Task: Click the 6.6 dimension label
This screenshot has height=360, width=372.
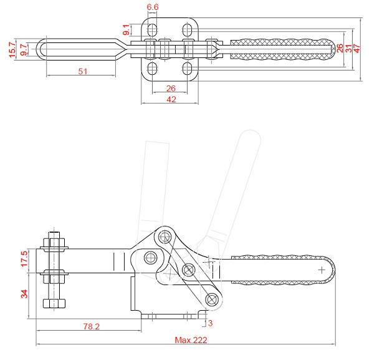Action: point(152,7)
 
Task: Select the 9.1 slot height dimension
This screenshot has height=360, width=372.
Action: point(126,29)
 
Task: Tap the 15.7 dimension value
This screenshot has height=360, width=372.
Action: point(12,50)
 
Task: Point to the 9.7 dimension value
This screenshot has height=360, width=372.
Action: point(24,50)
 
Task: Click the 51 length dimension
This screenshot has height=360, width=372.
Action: point(82,71)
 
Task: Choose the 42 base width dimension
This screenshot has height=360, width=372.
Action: point(171,99)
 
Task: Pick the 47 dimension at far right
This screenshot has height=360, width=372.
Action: point(356,49)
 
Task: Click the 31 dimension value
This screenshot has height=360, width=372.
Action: point(348,49)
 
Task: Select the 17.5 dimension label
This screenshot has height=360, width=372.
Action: point(24,259)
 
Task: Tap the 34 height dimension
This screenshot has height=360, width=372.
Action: point(24,294)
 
